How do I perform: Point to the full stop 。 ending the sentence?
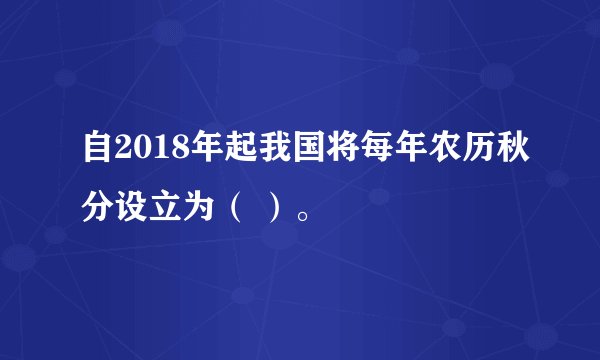(x=299, y=214)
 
